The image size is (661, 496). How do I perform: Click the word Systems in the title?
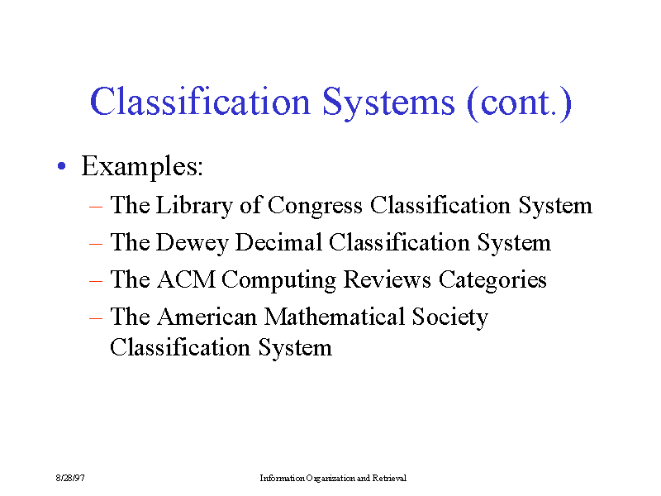(388, 103)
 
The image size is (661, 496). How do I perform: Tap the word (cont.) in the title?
(520, 103)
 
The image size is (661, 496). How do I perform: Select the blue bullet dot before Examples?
(62, 166)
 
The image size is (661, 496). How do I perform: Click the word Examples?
(142, 167)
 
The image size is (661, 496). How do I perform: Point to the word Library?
(194, 206)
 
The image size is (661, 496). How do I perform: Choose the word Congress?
(315, 207)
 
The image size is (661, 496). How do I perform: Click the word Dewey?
(193, 243)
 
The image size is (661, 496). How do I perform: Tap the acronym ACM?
(187, 279)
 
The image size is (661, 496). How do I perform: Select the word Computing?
(279, 280)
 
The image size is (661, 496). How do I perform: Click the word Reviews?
(387, 279)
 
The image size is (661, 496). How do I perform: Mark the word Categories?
(492, 280)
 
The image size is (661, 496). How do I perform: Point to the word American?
(207, 317)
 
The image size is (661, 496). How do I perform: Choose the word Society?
(449, 317)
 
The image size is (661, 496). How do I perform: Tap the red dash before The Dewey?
(96, 244)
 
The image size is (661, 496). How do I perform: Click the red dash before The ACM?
(96, 281)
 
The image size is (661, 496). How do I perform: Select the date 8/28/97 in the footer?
(70, 478)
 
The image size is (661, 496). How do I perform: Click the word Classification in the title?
(200, 102)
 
